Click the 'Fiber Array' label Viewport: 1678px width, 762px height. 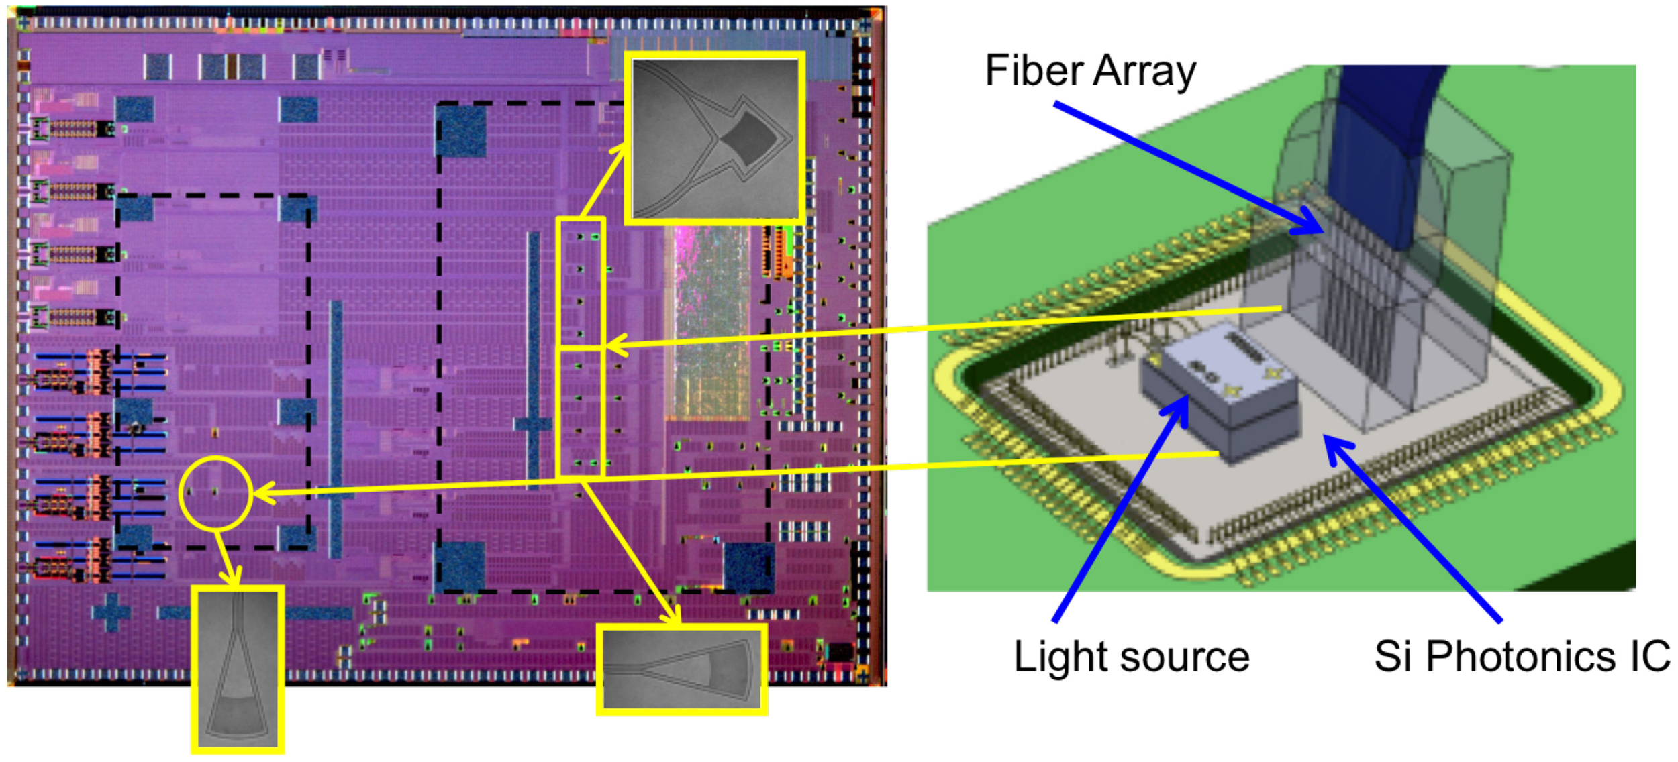click(1090, 71)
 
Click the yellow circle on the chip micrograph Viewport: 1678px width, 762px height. click(215, 494)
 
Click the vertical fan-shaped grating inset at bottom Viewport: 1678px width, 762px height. click(238, 669)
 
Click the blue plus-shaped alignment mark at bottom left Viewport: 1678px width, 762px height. click(111, 611)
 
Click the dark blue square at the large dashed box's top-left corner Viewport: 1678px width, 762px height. click(461, 131)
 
